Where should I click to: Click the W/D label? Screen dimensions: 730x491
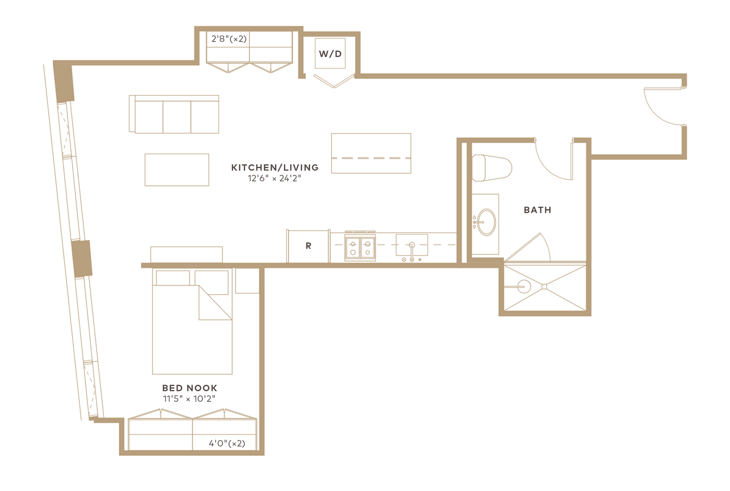pyautogui.click(x=330, y=54)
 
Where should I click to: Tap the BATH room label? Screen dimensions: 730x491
pyautogui.click(x=538, y=210)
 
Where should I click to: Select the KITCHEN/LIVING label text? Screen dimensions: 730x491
pyautogui.click(x=275, y=167)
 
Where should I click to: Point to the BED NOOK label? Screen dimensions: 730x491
pyautogui.click(x=190, y=388)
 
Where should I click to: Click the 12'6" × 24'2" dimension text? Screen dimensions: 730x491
pyautogui.click(x=274, y=178)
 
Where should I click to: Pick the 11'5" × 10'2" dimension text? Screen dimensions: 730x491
pyautogui.click(x=190, y=399)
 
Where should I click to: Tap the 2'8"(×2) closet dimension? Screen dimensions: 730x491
pyautogui.click(x=229, y=39)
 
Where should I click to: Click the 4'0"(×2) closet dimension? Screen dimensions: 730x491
pyautogui.click(x=227, y=443)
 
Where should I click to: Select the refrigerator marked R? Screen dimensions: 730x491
pyautogui.click(x=308, y=246)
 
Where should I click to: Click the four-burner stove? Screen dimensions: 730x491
pyautogui.click(x=360, y=247)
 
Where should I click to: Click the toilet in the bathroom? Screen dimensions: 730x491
pyautogui.click(x=492, y=168)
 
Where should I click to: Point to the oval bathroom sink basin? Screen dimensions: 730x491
pyautogui.click(x=486, y=222)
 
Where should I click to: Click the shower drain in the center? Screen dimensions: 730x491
pyautogui.click(x=544, y=287)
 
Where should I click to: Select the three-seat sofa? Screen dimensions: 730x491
pyautogui.click(x=174, y=114)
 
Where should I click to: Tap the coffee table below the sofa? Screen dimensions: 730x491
pyautogui.click(x=177, y=170)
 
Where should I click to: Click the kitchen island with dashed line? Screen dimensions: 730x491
pyautogui.click(x=371, y=153)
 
